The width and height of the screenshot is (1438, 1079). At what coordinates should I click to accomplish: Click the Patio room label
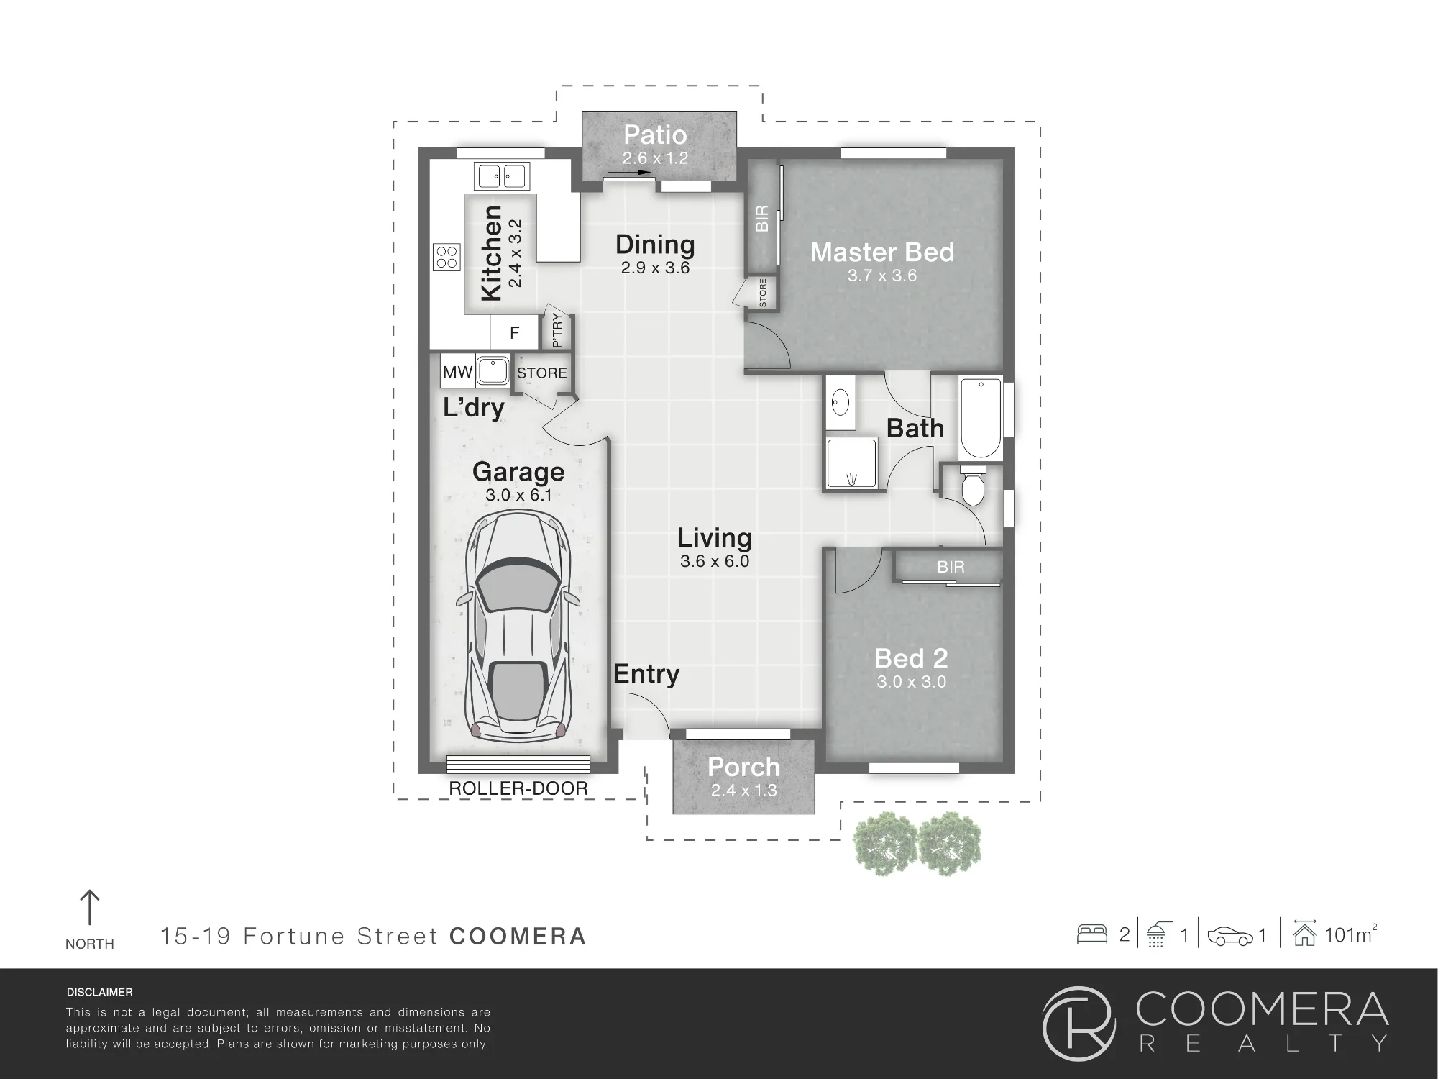pos(655,135)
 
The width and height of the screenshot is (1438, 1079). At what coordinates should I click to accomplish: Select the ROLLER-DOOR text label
pos(518,788)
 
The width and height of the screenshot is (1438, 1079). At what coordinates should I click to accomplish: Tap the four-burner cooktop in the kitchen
pos(446,258)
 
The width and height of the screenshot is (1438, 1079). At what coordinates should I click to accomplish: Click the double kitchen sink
pos(502,176)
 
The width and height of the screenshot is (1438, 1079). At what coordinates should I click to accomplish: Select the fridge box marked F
pos(514,333)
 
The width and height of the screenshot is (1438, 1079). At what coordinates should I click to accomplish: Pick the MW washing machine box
pos(457,372)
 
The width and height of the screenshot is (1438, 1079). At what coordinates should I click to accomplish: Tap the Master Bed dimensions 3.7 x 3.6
pos(882,276)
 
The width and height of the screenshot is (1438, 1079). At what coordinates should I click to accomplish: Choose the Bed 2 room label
pos(911,658)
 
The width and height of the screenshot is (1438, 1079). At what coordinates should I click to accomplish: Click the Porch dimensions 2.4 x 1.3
pos(744,790)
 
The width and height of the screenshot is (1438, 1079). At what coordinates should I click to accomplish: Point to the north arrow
pos(89,908)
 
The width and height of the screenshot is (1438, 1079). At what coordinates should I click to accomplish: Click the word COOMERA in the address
pos(518,936)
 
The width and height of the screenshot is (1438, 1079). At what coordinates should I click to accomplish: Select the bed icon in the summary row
pos(1092,934)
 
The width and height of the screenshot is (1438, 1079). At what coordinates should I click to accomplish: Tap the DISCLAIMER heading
pos(100,992)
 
